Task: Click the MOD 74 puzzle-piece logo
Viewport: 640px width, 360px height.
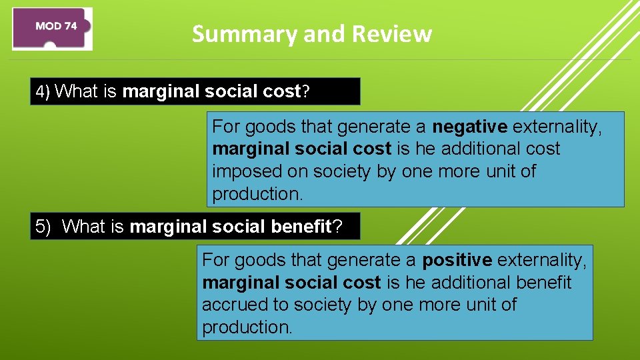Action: coord(53,28)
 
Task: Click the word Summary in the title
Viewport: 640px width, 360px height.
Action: coord(230,34)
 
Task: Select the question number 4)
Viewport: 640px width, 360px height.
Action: coord(43,92)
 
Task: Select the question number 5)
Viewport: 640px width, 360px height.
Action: coord(43,227)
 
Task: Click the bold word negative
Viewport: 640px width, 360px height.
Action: coord(470,126)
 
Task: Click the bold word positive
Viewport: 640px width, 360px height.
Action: coord(457,259)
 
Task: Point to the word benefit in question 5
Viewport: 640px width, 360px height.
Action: coord(301,227)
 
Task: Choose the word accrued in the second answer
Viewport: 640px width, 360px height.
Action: coord(230,305)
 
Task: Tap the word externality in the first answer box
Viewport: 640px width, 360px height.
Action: coord(557,126)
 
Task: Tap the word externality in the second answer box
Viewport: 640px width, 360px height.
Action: coord(541,259)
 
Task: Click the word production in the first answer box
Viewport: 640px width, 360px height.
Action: coord(257,194)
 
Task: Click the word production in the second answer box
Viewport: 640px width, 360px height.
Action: coord(247,327)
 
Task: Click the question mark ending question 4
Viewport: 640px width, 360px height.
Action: coord(306,92)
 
